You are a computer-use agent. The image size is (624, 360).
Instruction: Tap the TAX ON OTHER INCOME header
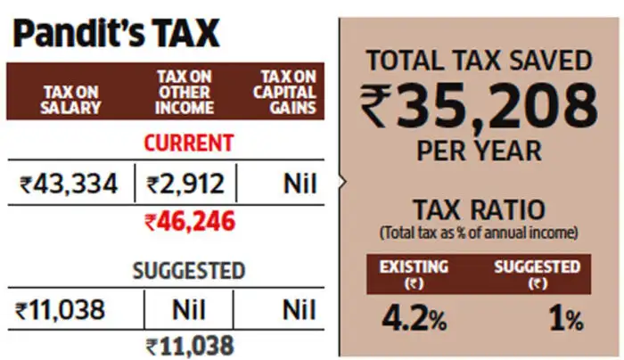coord(185,93)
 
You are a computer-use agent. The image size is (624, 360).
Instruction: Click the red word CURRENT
coord(189,143)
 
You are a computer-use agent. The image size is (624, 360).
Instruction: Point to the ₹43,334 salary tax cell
coord(69,184)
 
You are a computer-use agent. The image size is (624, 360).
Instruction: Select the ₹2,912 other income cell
coord(185,184)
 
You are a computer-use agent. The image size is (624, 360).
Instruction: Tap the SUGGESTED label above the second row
coord(189,270)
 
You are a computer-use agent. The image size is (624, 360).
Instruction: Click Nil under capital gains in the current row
coord(300,184)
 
